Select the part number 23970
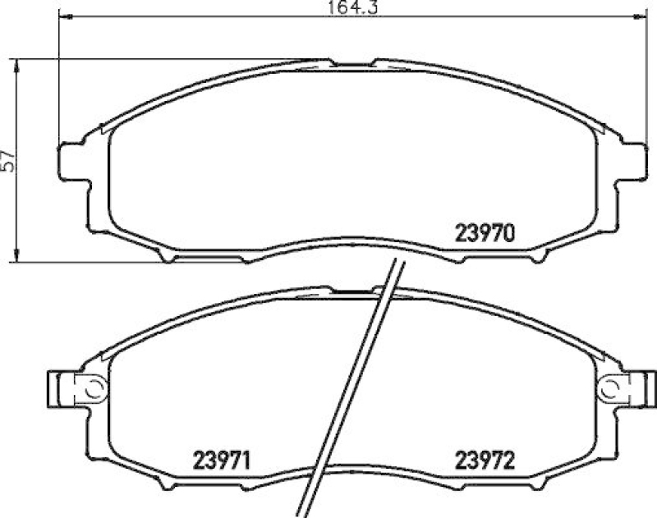coord(485,232)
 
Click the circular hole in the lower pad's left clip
coord(91,385)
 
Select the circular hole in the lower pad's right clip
coord(609,385)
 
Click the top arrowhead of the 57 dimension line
coord(18,63)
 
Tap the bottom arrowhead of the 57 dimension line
coord(18,258)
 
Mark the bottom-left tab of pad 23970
coord(168,257)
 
